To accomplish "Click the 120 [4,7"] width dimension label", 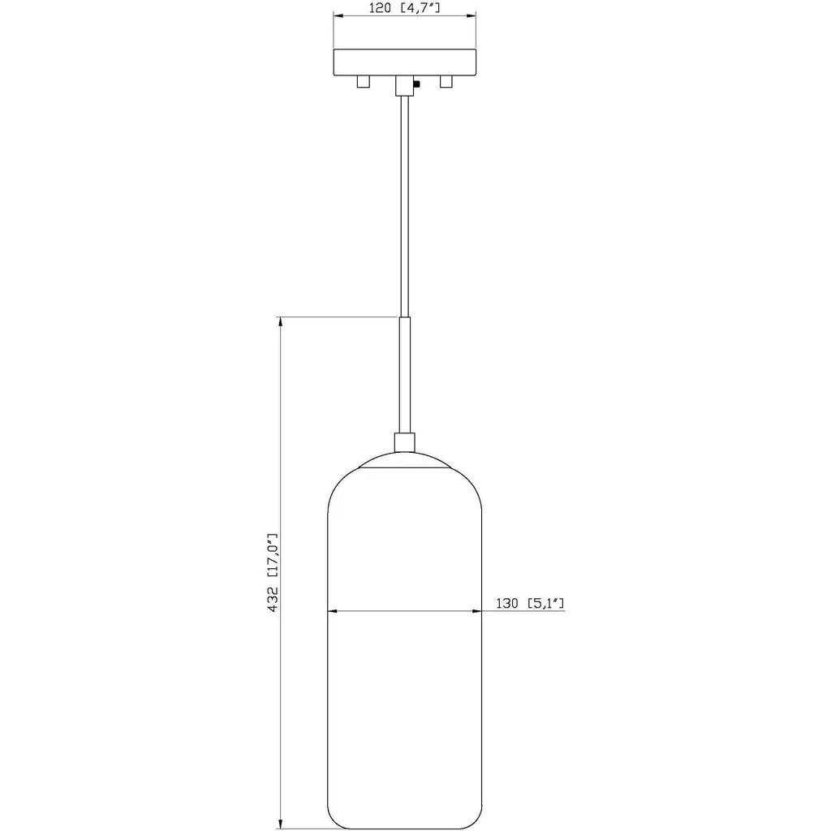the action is coord(404,8).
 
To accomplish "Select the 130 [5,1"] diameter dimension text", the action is coord(529,603).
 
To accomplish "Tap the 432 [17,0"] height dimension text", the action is coord(273,573).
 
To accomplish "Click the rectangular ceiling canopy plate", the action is coord(404,62).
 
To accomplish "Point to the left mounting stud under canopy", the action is coord(363,82).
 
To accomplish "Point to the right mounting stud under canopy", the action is coord(446,82).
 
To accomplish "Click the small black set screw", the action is coord(416,84).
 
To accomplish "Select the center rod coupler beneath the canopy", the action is coord(404,85).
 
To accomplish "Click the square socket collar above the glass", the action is coord(405,442).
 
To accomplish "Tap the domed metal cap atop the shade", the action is coord(405,460).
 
